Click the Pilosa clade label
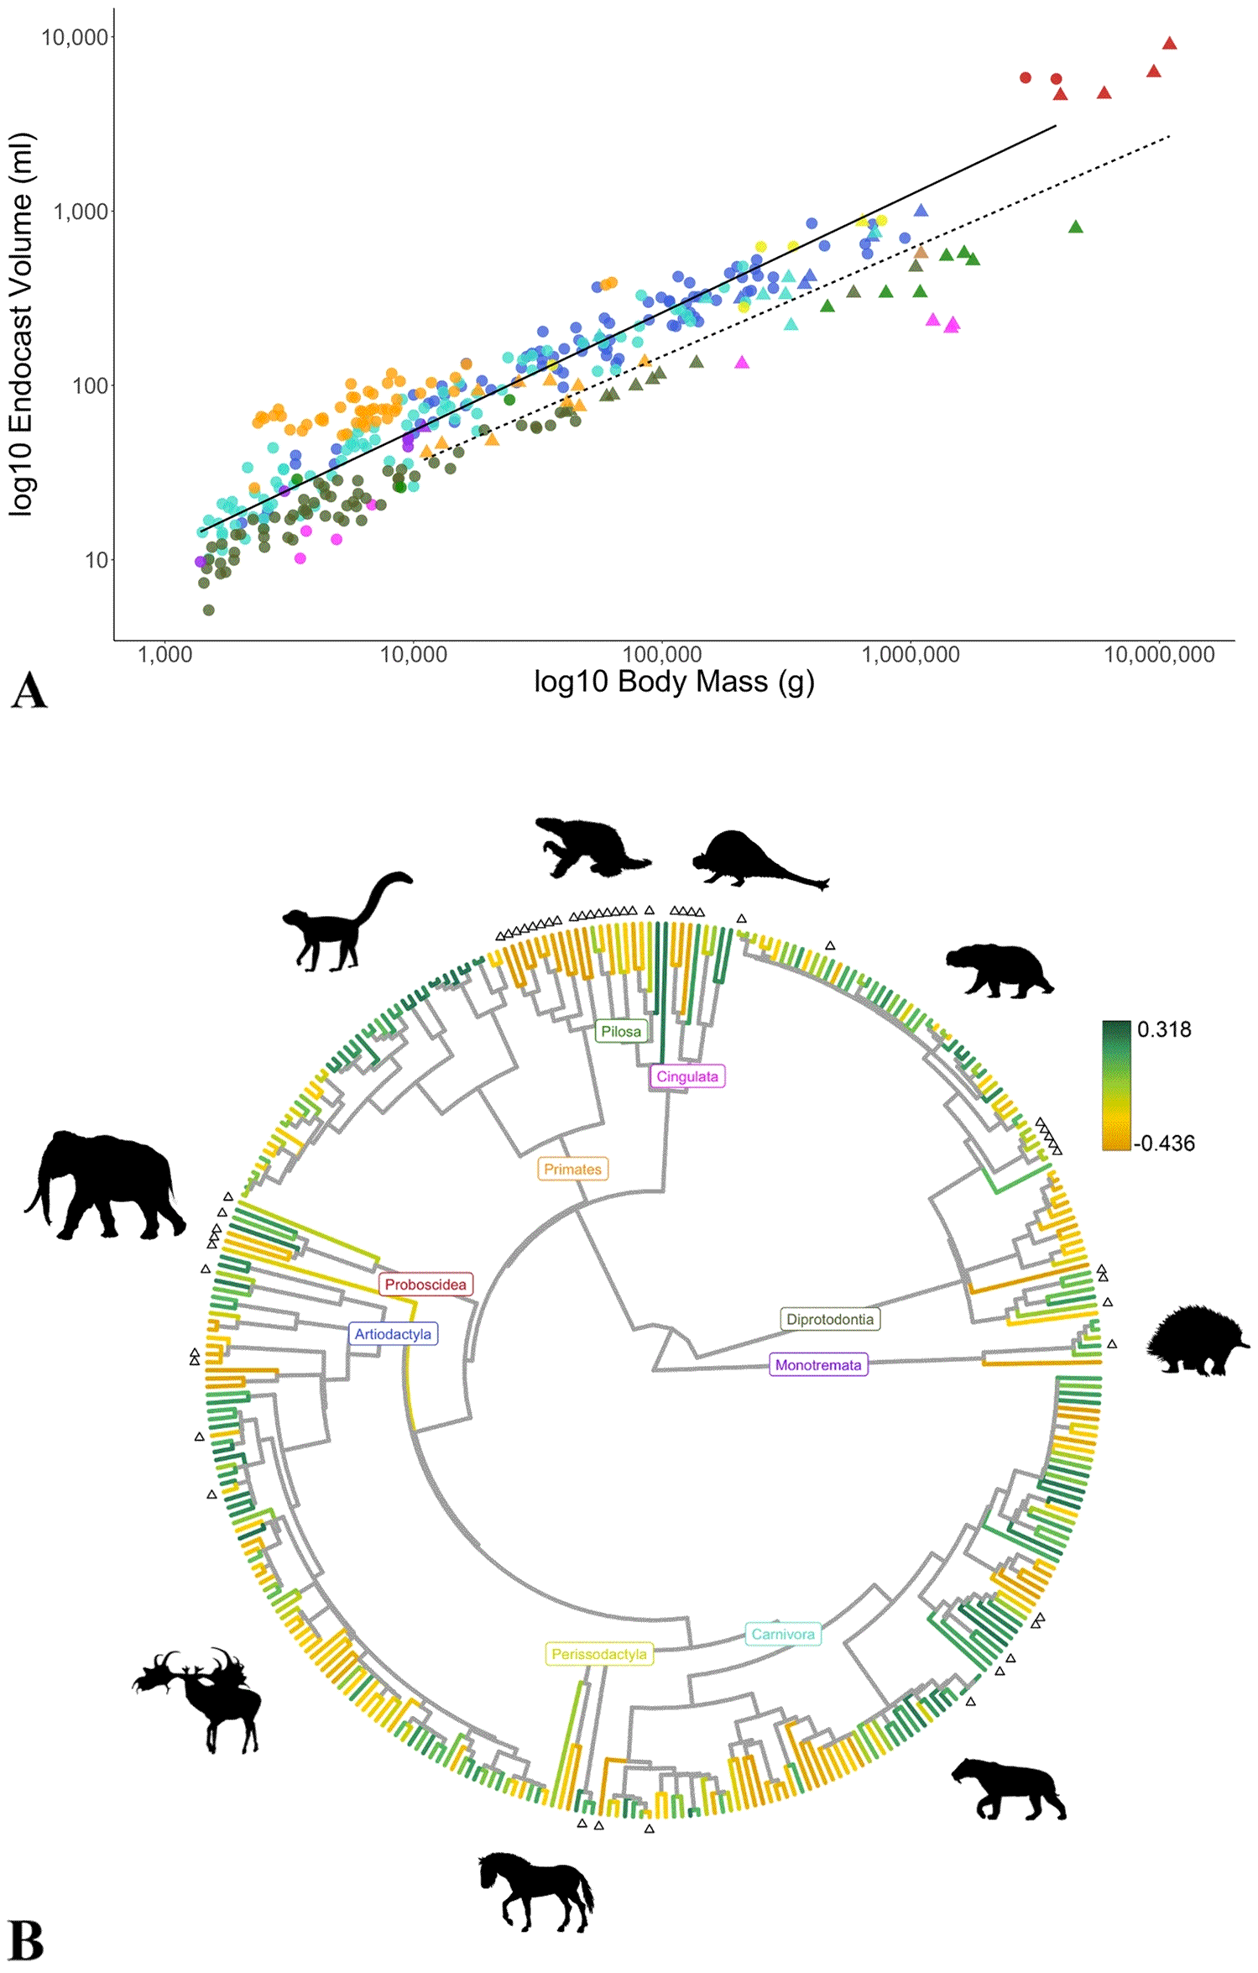621,1031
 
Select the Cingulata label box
686,1076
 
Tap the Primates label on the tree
572,1169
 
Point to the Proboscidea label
425,1284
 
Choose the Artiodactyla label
393,1333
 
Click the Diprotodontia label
830,1319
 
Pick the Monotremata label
817,1364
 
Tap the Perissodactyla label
598,1654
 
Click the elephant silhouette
105,1185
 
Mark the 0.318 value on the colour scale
1164,1029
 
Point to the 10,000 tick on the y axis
75,37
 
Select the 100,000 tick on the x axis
662,654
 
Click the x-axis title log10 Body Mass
674,682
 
